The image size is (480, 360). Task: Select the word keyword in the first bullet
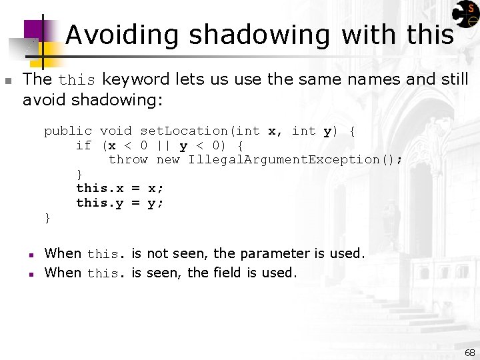pyautogui.click(x=136, y=80)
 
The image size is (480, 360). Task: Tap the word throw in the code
pyautogui.click(x=128, y=160)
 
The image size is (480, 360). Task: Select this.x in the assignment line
pyautogui.click(x=100, y=189)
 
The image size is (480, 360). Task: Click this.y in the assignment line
pyautogui.click(x=100, y=203)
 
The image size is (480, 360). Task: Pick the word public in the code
pyautogui.click(x=68, y=131)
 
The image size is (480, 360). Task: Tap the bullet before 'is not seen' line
pyautogui.click(x=31, y=255)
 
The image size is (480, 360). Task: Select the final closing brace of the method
pyautogui.click(x=47, y=217)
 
